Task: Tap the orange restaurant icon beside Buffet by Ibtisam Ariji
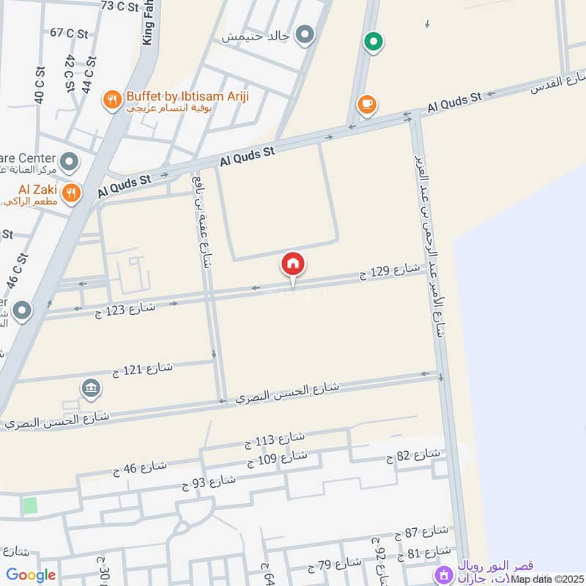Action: click(x=112, y=100)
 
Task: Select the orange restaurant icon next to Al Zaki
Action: click(x=71, y=193)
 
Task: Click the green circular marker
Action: click(x=374, y=42)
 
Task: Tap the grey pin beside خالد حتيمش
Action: click(x=305, y=34)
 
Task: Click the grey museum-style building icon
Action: click(x=92, y=387)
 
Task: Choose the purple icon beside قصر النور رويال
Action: click(x=442, y=573)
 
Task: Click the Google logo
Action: click(x=30, y=575)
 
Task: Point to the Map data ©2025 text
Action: click(x=546, y=579)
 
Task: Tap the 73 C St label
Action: click(x=119, y=7)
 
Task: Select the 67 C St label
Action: click(x=68, y=33)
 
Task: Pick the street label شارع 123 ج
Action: click(x=125, y=310)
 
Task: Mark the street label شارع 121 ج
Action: click(x=142, y=368)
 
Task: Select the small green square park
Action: click(x=29, y=505)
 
